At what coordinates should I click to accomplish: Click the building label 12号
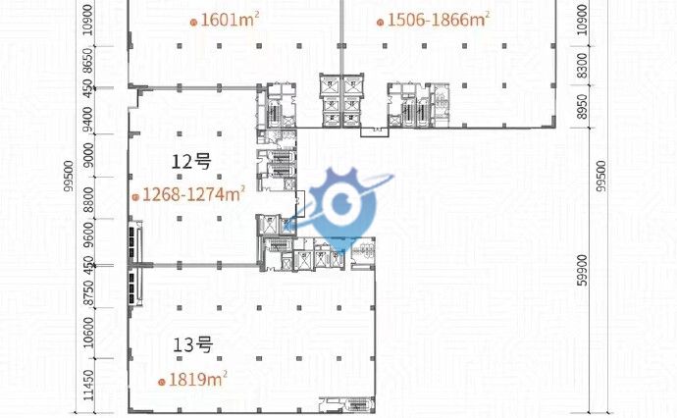click(x=191, y=162)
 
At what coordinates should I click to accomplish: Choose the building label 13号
click(x=193, y=345)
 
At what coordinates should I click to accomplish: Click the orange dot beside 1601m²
click(x=194, y=23)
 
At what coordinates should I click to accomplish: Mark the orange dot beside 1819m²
click(x=162, y=382)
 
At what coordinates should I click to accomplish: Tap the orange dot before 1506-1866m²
click(x=380, y=23)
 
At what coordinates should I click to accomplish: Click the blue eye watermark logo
click(x=343, y=206)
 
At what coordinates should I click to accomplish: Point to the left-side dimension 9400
click(x=87, y=120)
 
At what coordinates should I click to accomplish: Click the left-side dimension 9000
click(x=88, y=155)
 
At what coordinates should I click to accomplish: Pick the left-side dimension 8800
click(x=88, y=199)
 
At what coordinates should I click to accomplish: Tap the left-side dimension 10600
click(x=88, y=333)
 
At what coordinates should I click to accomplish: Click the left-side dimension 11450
click(x=88, y=386)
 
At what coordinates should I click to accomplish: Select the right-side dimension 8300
click(x=583, y=65)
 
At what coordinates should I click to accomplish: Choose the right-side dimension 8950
click(x=583, y=107)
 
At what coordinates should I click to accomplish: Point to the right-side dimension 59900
click(x=583, y=270)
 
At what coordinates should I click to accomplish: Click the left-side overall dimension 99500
click(x=69, y=177)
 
